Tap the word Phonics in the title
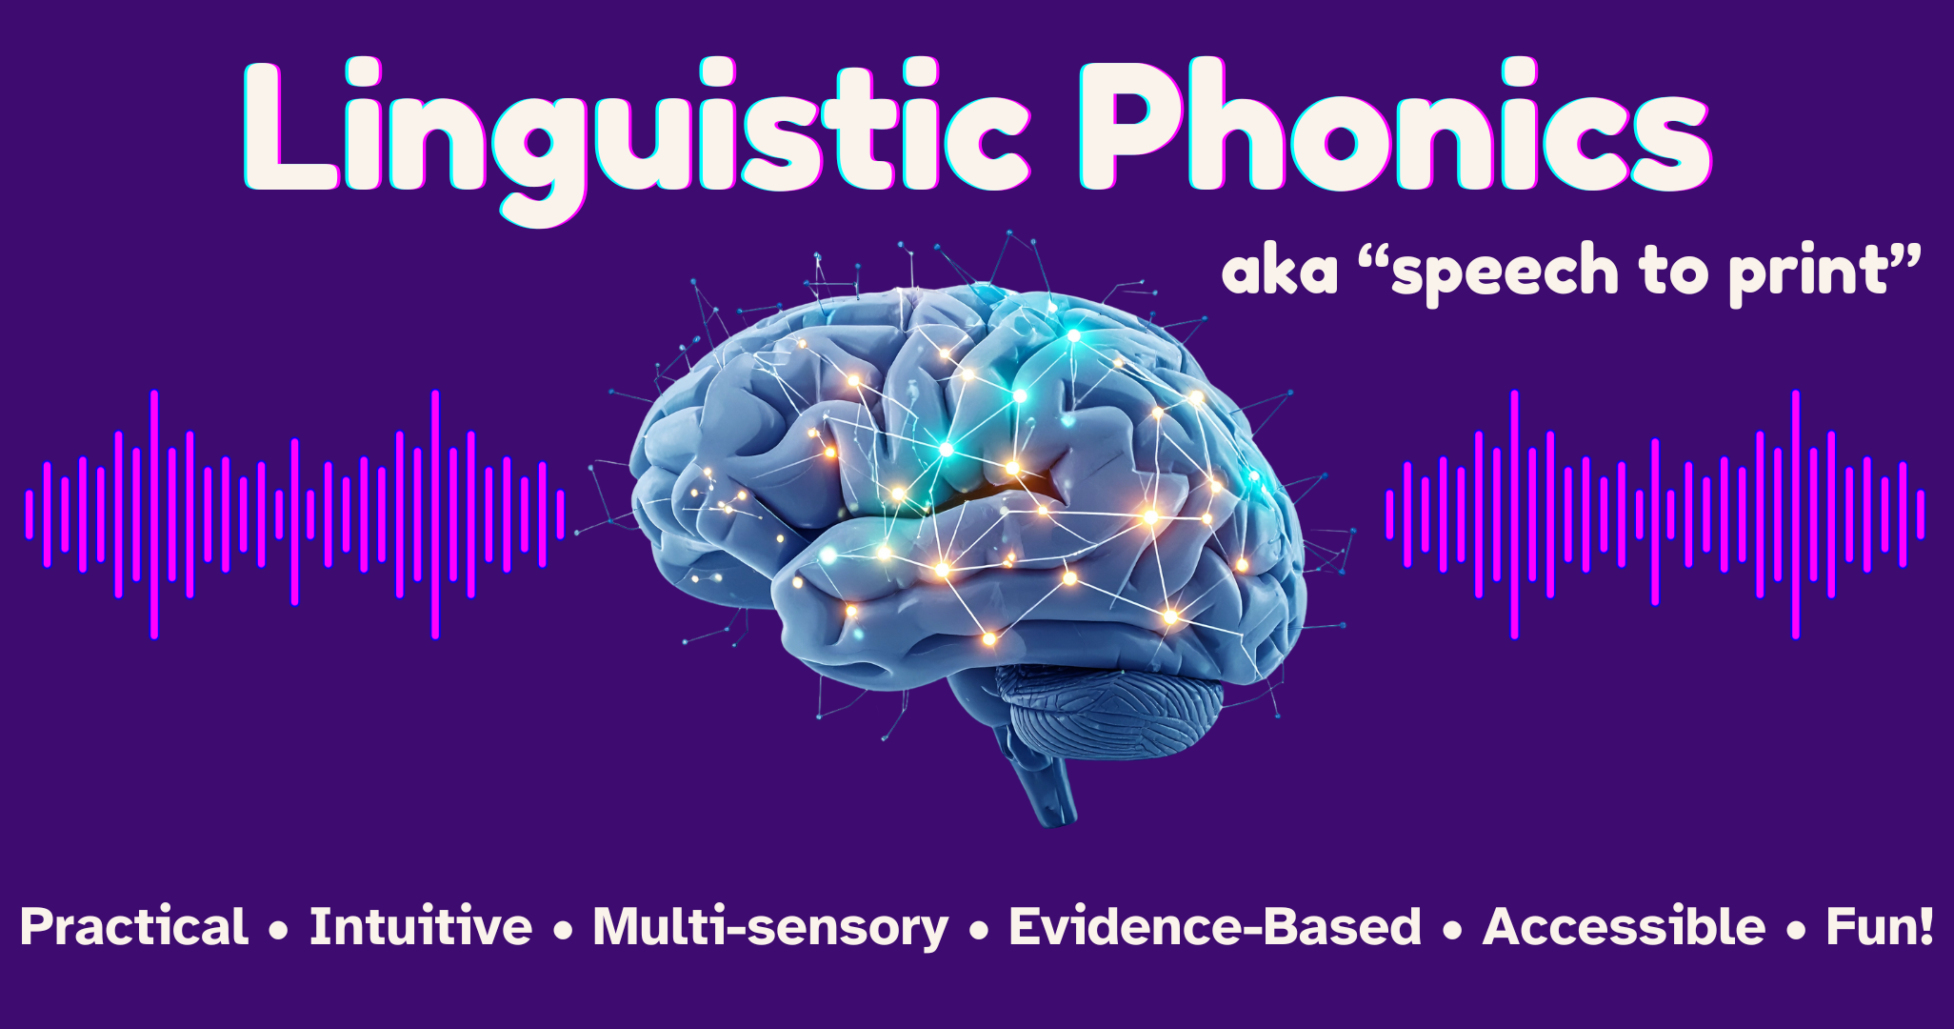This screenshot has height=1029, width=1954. [1395, 129]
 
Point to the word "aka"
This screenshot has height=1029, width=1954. [1280, 272]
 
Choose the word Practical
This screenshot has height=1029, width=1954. [134, 927]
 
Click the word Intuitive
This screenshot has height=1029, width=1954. [420, 927]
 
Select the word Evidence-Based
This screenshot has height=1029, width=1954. [1214, 927]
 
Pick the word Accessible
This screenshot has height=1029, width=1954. [1624, 927]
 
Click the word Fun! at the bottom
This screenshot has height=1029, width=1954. [1879, 927]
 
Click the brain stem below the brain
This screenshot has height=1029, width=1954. [1047, 786]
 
